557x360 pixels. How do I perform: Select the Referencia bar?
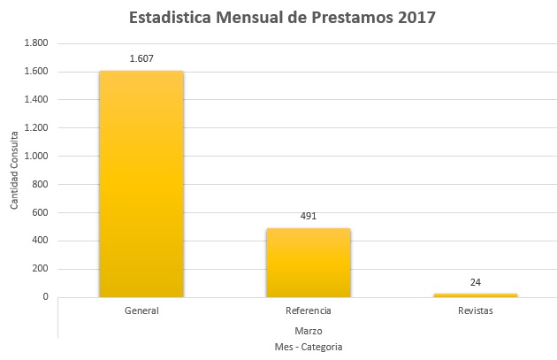(x=309, y=263)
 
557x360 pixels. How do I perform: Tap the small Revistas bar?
(x=476, y=295)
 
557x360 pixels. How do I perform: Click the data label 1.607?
(x=141, y=58)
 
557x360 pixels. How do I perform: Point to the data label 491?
(x=309, y=216)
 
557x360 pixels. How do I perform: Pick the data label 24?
(x=476, y=282)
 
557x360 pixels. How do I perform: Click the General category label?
(x=141, y=311)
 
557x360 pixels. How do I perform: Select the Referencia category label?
(x=309, y=311)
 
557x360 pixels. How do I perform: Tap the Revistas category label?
(x=476, y=311)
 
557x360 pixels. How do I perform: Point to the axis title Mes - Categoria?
(x=309, y=346)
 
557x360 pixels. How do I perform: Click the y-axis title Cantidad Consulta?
(x=14, y=170)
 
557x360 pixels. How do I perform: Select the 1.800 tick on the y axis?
(x=35, y=43)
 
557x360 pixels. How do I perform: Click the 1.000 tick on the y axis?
(x=35, y=156)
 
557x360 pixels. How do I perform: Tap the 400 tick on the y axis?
(x=40, y=241)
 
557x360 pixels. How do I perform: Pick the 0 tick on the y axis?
(x=45, y=297)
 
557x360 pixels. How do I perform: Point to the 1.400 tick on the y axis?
(x=35, y=100)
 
